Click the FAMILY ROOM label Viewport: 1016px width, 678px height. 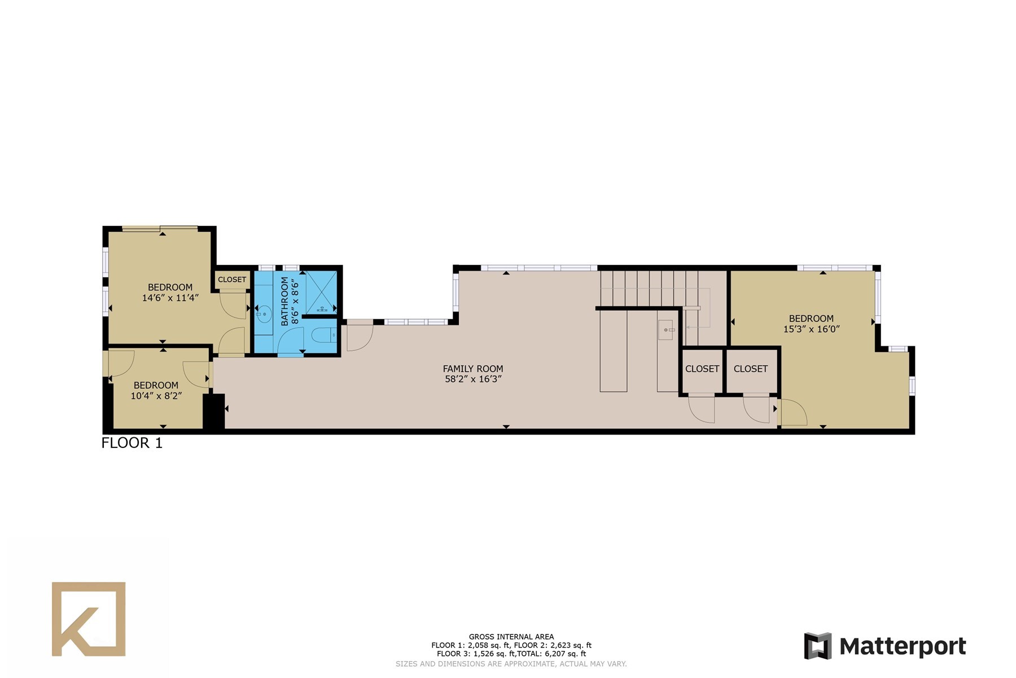(472, 369)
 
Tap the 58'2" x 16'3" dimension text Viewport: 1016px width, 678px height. (473, 379)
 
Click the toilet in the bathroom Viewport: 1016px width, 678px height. (324, 335)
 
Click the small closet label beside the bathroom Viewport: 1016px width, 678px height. (232, 280)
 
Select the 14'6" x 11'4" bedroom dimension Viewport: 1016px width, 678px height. (170, 297)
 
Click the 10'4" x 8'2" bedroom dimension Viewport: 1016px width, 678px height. (156, 396)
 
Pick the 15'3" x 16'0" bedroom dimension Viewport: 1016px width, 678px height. (811, 329)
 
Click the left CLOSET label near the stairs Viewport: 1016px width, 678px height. (702, 369)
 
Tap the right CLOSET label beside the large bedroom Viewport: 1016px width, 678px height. (751, 369)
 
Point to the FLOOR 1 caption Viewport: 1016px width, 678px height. (132, 443)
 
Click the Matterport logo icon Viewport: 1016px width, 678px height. (818, 646)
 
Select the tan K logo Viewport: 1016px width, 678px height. (89, 619)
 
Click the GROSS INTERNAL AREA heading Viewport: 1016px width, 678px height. (511, 637)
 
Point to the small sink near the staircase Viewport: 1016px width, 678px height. (666, 329)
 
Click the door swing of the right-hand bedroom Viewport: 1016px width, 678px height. (793, 412)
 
